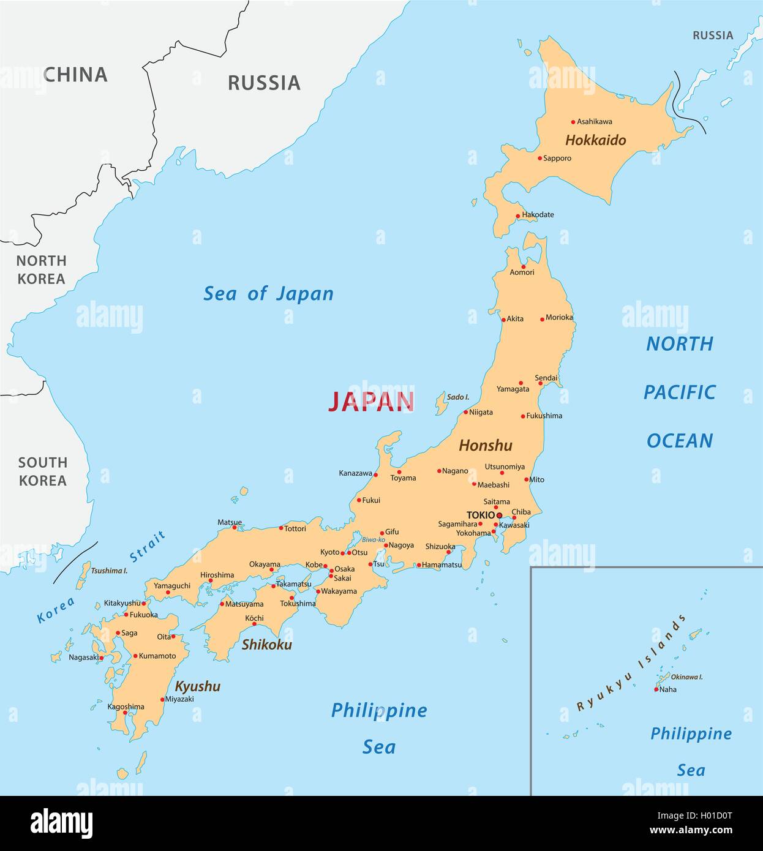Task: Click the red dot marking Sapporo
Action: pyautogui.click(x=539, y=159)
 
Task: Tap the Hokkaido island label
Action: pyautogui.click(x=595, y=140)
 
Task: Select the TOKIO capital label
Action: pyautogui.click(x=480, y=515)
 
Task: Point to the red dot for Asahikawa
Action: pyautogui.click(x=573, y=122)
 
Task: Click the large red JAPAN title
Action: pyautogui.click(x=371, y=402)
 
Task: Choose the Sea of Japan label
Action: pyautogui.click(x=268, y=294)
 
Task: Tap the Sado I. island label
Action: pyautogui.click(x=458, y=397)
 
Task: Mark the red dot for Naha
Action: pyautogui.click(x=656, y=689)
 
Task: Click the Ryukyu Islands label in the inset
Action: pyautogui.click(x=630, y=663)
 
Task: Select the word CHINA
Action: pyautogui.click(x=75, y=75)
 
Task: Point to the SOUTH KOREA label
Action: pyautogui.click(x=42, y=471)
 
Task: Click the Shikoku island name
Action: pyautogui.click(x=266, y=645)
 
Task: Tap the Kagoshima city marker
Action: pyautogui.click(x=125, y=713)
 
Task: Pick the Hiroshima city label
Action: pyautogui.click(x=217, y=575)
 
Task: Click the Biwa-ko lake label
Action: pyautogui.click(x=373, y=539)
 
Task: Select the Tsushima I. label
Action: pyautogui.click(x=109, y=571)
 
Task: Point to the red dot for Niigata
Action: pyautogui.click(x=465, y=412)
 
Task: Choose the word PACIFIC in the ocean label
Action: pyautogui.click(x=679, y=392)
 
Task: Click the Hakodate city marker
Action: pyautogui.click(x=517, y=216)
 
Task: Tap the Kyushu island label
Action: pyautogui.click(x=197, y=686)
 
